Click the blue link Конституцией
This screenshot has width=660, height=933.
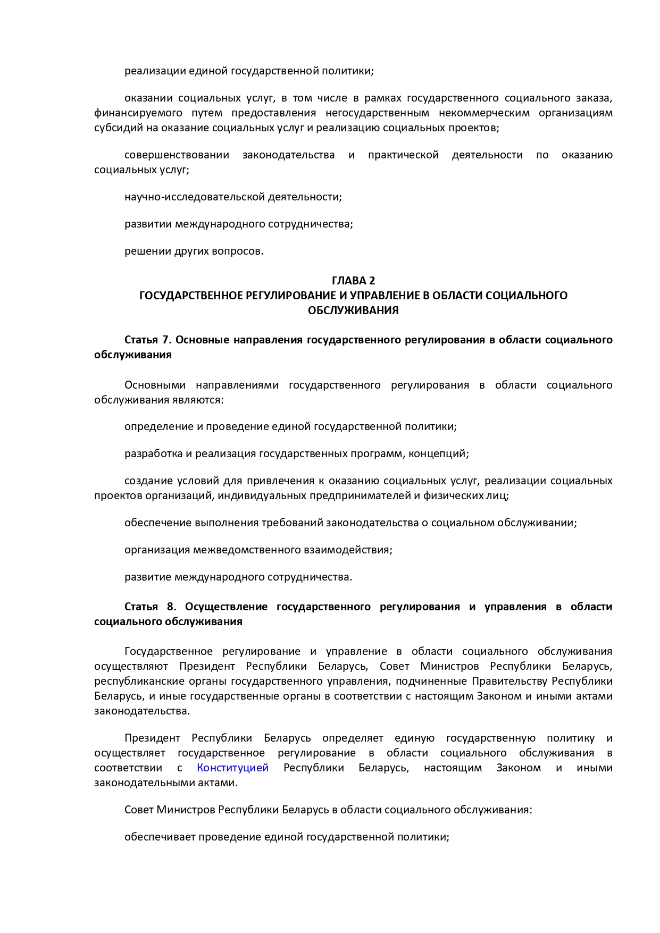coord(232,768)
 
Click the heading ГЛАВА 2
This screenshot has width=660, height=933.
coord(353,280)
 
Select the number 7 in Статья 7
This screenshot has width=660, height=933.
coord(165,340)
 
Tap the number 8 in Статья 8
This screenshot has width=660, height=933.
coord(171,607)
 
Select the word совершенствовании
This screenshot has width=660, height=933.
coord(177,155)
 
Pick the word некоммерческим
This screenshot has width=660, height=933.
coord(484,113)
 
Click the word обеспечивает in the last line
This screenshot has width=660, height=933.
coord(160,837)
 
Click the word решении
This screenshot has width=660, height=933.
coord(148,251)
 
